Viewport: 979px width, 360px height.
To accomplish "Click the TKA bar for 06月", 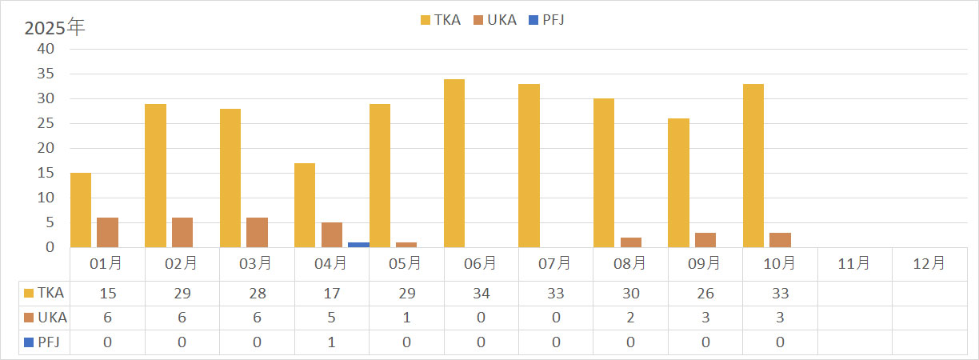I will click(x=454, y=163).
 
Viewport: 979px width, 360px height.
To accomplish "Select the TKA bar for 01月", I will click(x=81, y=210).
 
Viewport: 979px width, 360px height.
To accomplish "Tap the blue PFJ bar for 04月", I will click(x=358, y=244).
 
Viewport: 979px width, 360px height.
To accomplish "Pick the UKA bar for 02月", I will click(x=182, y=232).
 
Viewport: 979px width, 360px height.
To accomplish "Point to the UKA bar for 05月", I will click(x=406, y=244).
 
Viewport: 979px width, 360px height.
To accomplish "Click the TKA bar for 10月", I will click(x=753, y=166).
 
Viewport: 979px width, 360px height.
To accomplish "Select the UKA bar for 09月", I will click(x=705, y=239).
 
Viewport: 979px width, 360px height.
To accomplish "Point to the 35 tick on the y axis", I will click(x=46, y=74).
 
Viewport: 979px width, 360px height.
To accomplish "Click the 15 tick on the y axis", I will click(x=46, y=173).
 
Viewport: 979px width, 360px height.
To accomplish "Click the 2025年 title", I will click(x=54, y=27).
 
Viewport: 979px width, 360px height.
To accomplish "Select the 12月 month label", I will click(x=929, y=263).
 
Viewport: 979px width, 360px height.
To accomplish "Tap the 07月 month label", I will click(x=555, y=263).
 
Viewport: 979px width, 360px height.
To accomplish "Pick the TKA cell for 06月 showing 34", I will click(x=481, y=294).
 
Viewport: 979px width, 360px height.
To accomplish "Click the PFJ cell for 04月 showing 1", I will click(x=331, y=342).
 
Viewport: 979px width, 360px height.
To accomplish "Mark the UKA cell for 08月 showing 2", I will click(x=630, y=318).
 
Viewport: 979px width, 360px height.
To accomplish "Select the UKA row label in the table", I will click(x=46, y=318).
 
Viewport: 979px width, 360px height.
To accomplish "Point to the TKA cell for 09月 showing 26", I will click(x=705, y=294).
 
